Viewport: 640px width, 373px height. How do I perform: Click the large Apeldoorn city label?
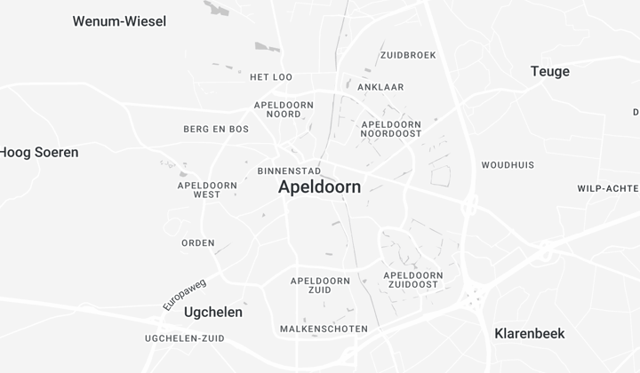pyautogui.click(x=319, y=187)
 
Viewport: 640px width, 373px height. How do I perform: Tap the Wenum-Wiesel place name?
pyautogui.click(x=119, y=21)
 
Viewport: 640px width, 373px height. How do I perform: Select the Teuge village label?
pyautogui.click(x=549, y=71)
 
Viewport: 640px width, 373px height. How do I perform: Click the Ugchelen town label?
pyautogui.click(x=212, y=313)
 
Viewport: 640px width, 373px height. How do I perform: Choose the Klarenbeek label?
pyautogui.click(x=529, y=334)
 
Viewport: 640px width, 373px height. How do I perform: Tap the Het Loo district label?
pyautogui.click(x=271, y=77)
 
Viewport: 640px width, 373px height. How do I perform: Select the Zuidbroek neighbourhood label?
pyautogui.click(x=408, y=55)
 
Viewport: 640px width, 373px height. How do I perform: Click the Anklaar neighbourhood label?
pyautogui.click(x=380, y=88)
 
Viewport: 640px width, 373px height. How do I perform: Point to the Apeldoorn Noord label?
pyautogui.click(x=284, y=109)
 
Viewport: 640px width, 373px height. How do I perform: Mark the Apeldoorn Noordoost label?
pyautogui.click(x=391, y=130)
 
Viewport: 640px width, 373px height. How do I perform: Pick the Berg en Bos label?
pyautogui.click(x=216, y=130)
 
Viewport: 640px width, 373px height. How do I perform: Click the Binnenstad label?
pyautogui.click(x=289, y=171)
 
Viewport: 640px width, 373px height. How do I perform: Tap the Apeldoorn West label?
pyautogui.click(x=207, y=190)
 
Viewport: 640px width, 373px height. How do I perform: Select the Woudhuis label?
pyautogui.click(x=508, y=165)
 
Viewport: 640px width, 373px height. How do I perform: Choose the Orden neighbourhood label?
pyautogui.click(x=198, y=243)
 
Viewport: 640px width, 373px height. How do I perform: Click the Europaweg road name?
pyautogui.click(x=184, y=294)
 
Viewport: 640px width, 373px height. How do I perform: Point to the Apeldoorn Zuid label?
pyautogui.click(x=320, y=285)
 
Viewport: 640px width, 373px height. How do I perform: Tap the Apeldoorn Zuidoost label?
pyautogui.click(x=412, y=280)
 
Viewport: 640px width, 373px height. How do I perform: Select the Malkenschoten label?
pyautogui.click(x=324, y=329)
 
